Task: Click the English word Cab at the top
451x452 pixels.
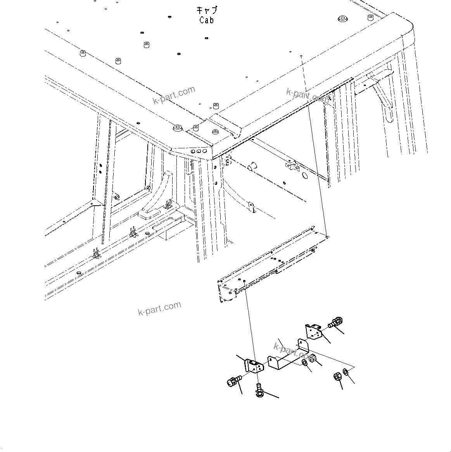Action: click(206, 20)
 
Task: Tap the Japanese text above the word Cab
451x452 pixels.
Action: click(207, 10)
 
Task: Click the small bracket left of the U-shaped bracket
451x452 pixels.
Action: click(252, 365)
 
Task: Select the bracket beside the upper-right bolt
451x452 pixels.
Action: click(314, 332)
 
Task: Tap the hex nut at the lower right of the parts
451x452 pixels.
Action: click(337, 376)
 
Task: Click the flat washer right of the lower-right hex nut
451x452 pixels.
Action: click(346, 374)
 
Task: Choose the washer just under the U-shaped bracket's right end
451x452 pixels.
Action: click(305, 363)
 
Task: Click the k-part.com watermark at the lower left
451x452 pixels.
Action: click(159, 308)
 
